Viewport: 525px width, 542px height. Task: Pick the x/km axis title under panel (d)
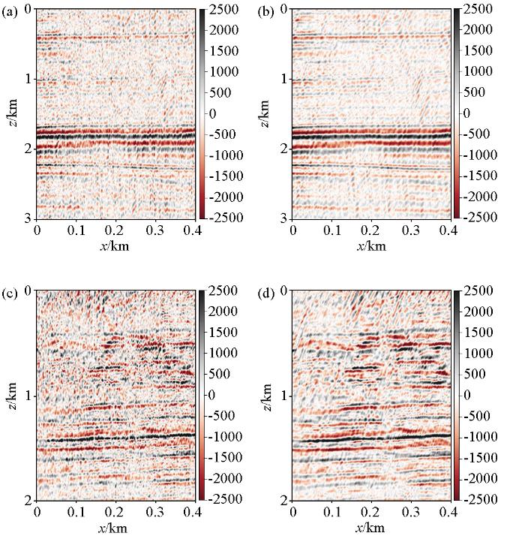point(370,528)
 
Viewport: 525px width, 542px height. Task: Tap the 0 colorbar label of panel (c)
point(211,394)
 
